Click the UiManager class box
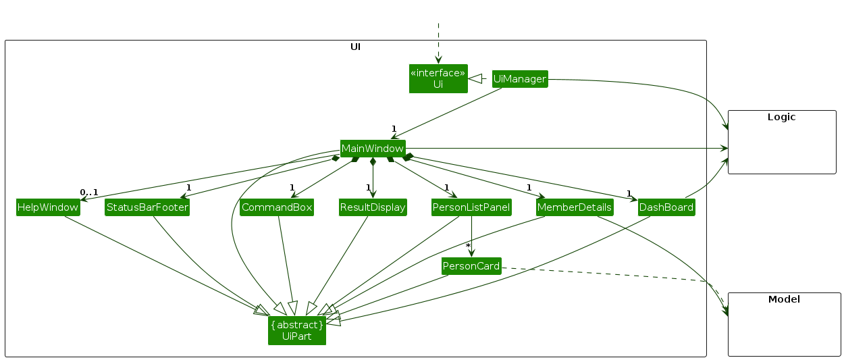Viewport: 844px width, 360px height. [x=519, y=79]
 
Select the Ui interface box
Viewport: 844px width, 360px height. [x=438, y=78]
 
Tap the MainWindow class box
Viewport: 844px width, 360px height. [x=373, y=148]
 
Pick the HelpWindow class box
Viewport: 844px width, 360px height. [x=47, y=207]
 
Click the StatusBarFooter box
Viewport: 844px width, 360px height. [x=147, y=207]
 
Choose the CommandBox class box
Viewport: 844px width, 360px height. [x=277, y=207]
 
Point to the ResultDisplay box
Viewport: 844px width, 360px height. [x=373, y=207]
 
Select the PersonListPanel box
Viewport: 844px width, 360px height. [x=471, y=207]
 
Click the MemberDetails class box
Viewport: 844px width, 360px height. [x=575, y=207]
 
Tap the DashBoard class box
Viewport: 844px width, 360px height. [x=666, y=207]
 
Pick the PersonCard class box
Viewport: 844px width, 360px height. [x=471, y=266]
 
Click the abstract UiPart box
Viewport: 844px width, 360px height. [x=297, y=330]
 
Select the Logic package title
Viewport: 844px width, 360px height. [x=781, y=117]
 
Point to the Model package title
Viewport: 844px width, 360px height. [x=784, y=299]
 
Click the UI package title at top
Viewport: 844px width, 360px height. [x=355, y=47]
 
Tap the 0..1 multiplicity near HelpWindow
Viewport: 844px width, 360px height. [x=88, y=192]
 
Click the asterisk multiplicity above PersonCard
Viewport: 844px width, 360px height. [x=467, y=246]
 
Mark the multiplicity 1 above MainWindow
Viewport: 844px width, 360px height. [x=394, y=128]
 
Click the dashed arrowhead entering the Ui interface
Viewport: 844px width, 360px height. [x=438, y=59]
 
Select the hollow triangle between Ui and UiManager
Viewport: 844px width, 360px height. [x=475, y=78]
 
